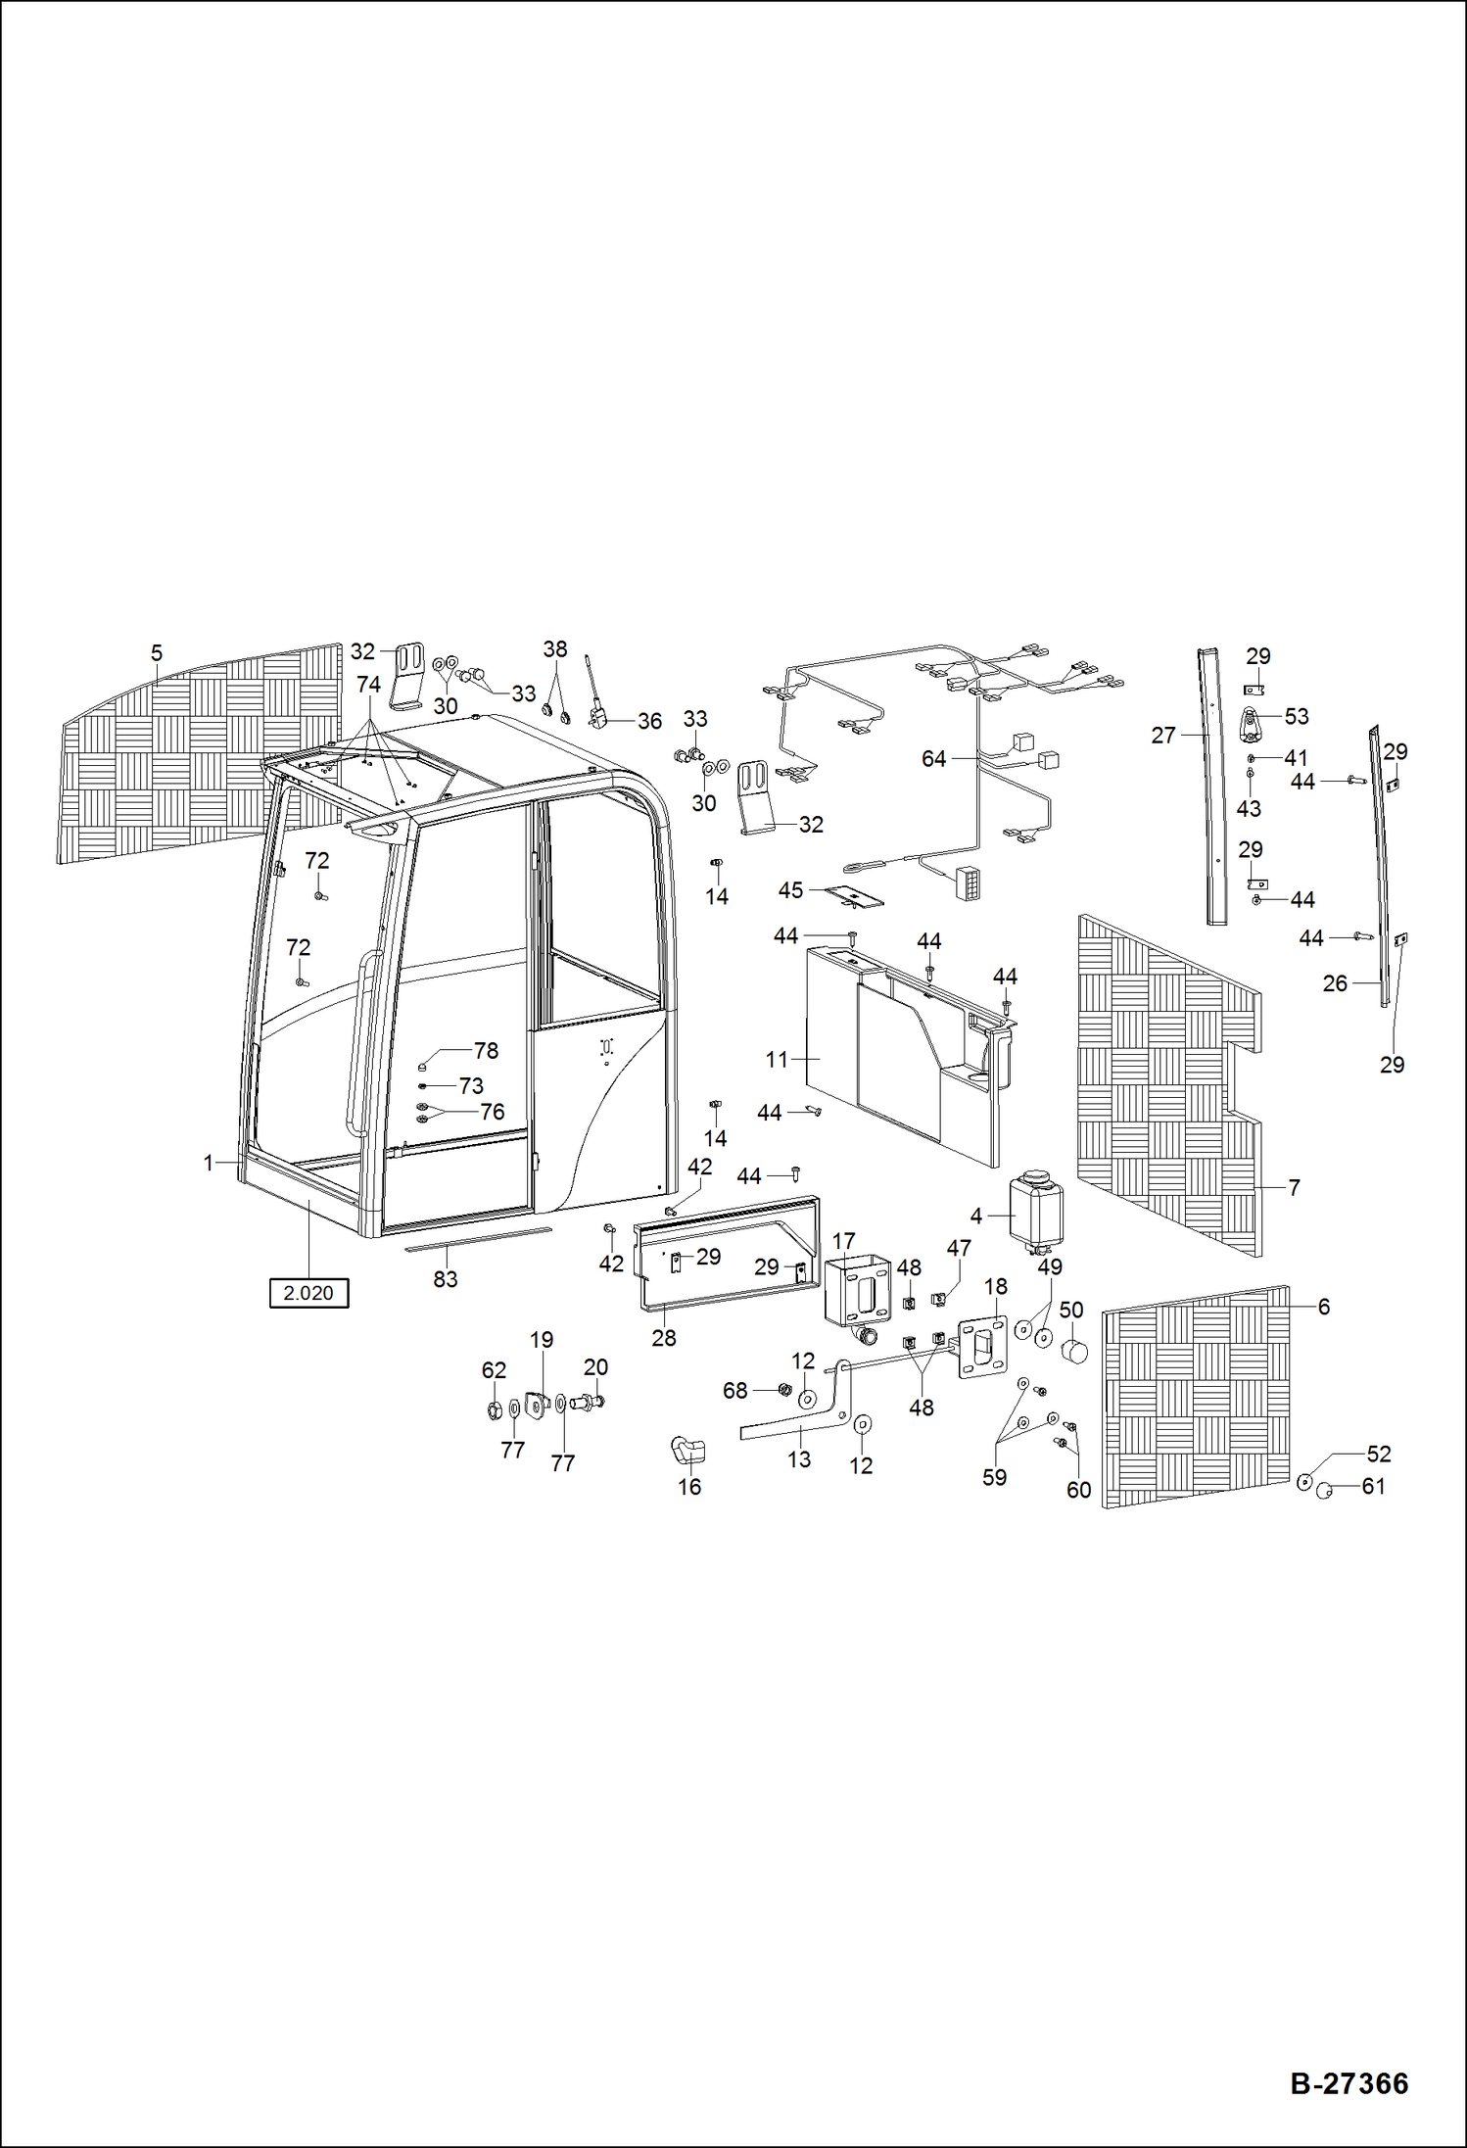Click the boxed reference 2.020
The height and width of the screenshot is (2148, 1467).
pos(308,1293)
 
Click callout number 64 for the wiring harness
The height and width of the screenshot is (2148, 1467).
pos(933,758)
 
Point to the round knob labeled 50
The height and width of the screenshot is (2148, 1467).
pos(1075,1353)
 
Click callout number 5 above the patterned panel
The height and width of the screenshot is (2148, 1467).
pos(157,653)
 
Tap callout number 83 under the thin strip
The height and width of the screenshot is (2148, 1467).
pos(446,1279)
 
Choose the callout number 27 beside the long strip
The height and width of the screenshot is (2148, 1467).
pos(1162,735)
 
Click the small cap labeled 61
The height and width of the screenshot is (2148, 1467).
pos(1325,1491)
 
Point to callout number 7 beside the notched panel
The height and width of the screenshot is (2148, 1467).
pos(1294,1187)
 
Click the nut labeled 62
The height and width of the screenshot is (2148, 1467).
pos(495,1410)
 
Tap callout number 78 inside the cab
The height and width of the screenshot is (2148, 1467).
pos(486,1051)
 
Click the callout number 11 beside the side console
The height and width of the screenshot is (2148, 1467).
pos(777,1059)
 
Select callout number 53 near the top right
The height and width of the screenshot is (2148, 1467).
pos(1296,717)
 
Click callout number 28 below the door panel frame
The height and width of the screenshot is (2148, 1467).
pos(664,1338)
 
